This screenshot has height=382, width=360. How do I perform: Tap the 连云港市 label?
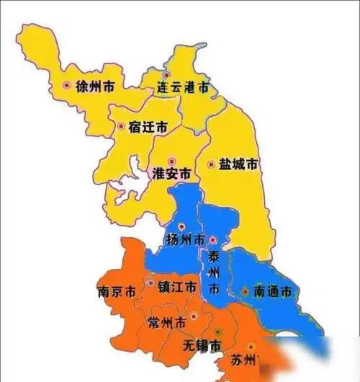(x=183, y=88)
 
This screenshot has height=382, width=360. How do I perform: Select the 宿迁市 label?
(x=148, y=127)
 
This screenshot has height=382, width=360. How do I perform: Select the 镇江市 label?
(x=176, y=287)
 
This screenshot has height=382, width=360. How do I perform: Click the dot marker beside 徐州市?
(x=67, y=85)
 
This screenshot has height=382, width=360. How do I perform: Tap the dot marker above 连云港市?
(x=166, y=75)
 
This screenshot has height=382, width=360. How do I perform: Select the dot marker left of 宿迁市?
(x=121, y=127)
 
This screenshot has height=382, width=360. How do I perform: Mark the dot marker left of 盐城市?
(x=211, y=165)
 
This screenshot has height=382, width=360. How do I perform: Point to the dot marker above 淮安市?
(x=171, y=161)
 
